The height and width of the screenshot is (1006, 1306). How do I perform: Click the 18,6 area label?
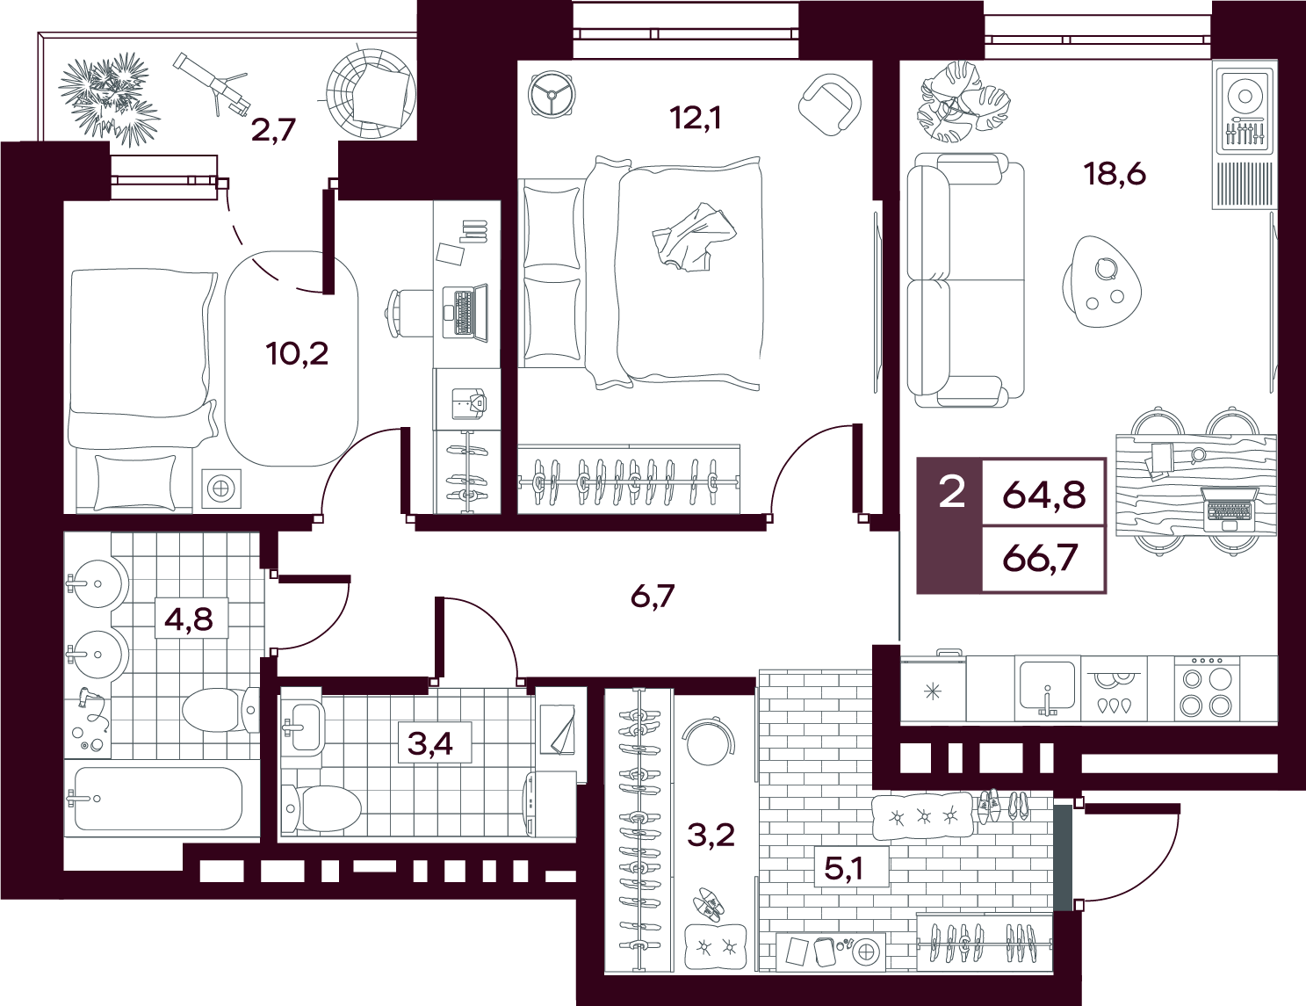1115,175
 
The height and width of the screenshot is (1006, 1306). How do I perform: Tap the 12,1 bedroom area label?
695,119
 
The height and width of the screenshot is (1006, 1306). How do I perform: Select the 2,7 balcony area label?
274,130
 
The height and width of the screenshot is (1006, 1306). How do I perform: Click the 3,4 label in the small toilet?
430,743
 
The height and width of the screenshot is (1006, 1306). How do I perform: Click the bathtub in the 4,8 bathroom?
159,798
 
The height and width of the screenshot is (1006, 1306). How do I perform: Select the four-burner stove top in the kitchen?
1207,688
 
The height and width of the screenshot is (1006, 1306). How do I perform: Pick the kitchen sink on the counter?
1047,688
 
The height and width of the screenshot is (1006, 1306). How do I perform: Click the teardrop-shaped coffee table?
1101,281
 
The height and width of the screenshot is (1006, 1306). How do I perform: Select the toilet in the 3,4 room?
321,807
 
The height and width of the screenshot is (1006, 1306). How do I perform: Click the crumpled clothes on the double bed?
695,236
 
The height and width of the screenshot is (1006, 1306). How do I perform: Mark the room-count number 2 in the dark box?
951,492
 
